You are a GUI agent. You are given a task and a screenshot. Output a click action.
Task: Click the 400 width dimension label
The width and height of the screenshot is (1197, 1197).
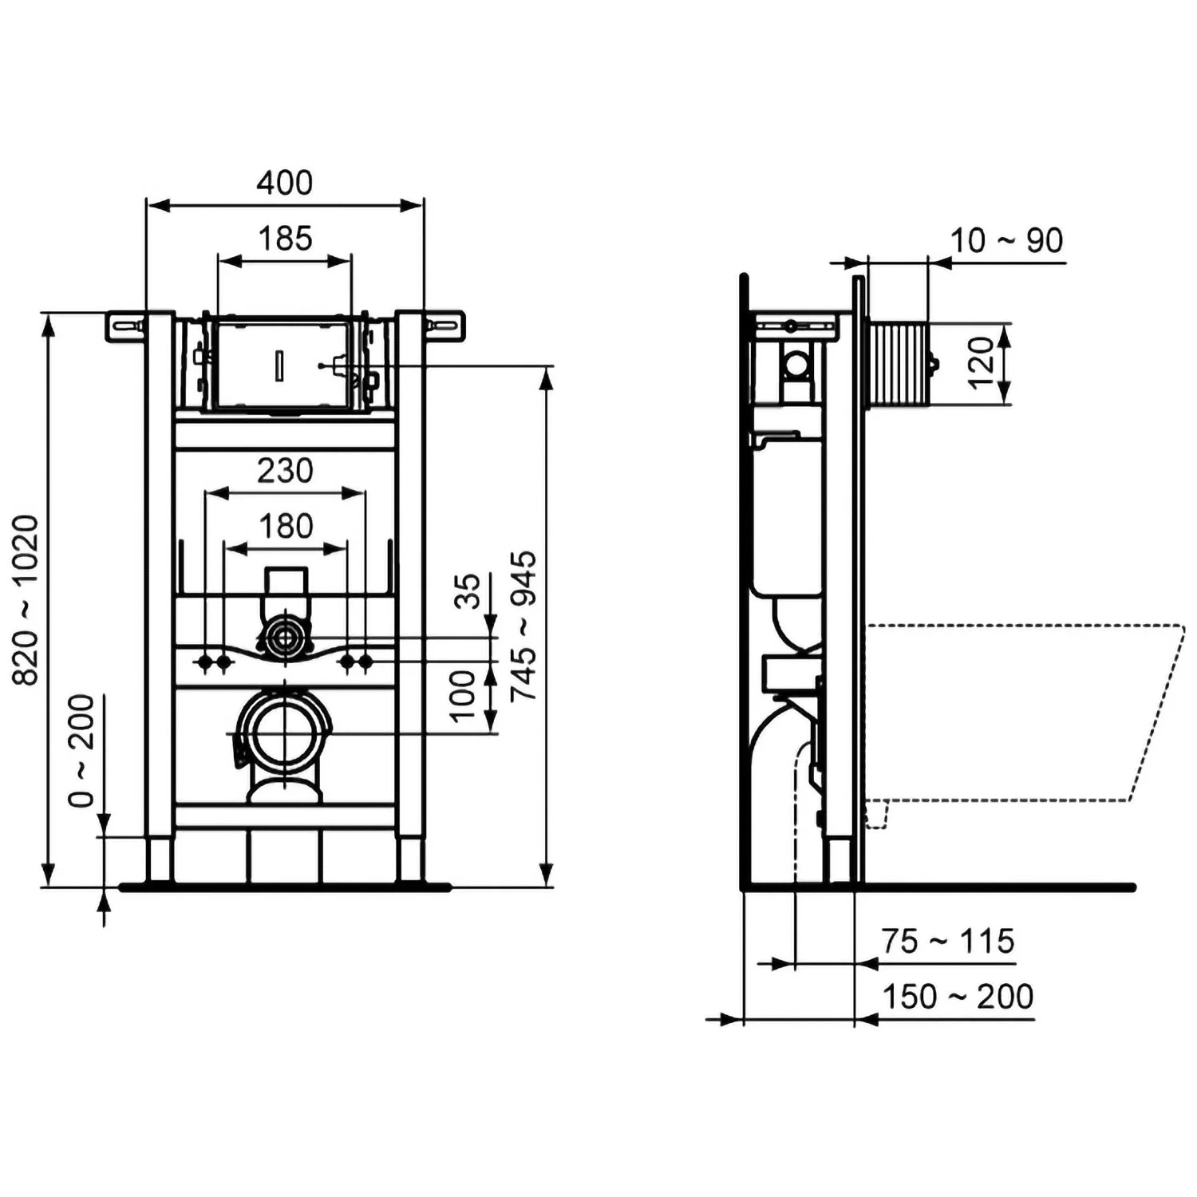(x=284, y=183)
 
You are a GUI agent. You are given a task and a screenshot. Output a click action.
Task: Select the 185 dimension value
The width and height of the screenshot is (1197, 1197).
(x=285, y=239)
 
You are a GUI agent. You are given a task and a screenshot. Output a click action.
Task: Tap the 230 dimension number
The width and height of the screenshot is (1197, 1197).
(x=285, y=471)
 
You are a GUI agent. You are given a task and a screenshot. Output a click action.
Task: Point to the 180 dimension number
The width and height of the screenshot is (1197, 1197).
(x=286, y=527)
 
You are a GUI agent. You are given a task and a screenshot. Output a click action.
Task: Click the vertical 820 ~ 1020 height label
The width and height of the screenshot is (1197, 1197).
(x=26, y=599)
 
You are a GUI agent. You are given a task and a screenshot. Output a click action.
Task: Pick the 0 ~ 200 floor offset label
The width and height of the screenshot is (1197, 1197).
(x=81, y=751)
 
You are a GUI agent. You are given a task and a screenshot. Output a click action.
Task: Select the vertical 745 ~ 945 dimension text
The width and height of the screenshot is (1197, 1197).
(x=523, y=626)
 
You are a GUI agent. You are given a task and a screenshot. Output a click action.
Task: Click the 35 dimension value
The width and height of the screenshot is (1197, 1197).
(x=468, y=591)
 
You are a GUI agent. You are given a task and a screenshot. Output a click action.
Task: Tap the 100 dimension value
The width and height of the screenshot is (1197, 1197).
(x=463, y=696)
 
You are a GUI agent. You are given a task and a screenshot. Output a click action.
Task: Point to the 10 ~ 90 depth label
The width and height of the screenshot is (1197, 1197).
(x=1006, y=240)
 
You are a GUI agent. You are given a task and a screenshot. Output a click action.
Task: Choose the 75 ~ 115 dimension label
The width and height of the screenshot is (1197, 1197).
(x=947, y=941)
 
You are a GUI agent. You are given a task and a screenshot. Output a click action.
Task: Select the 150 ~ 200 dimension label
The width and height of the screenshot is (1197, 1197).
(x=957, y=997)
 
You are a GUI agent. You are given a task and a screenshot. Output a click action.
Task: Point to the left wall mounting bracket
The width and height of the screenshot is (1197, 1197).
(x=124, y=326)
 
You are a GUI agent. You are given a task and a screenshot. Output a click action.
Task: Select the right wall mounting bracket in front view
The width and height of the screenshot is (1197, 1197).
(x=444, y=326)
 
